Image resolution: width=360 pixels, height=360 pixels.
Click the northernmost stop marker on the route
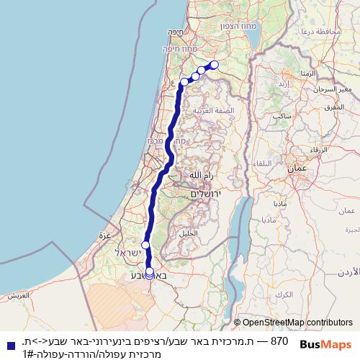pyautogui.click(x=214, y=65)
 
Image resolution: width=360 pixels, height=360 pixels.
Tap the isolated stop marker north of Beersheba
pyautogui.click(x=145, y=246)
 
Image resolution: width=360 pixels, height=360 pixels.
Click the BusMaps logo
pyautogui.click(x=327, y=344)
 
